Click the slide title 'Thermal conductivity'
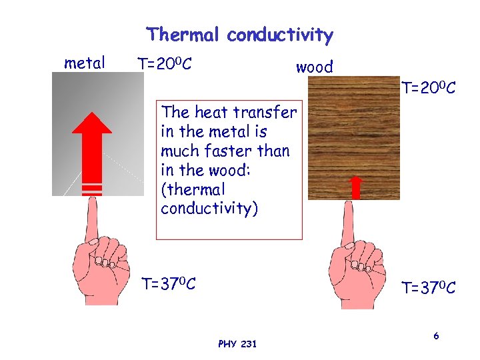coord(239,35)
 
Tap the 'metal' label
coord(85,63)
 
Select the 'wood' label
coord(314,67)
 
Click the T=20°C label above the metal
coord(165,64)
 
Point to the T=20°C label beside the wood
coord(428,87)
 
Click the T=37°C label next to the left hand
coord(169,285)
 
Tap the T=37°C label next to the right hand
coord(428,288)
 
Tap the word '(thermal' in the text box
coord(193,190)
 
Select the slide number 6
coord(436,336)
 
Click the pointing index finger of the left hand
coord(91,220)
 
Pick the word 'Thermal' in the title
coord(183,35)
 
